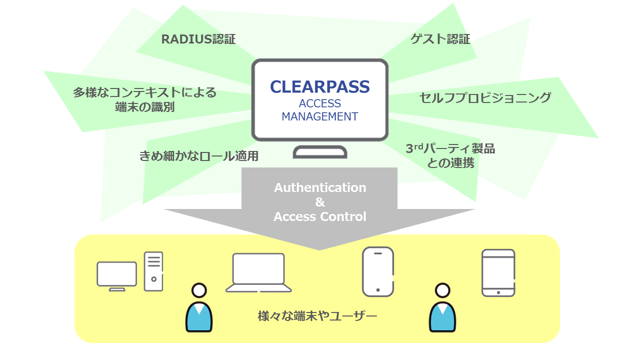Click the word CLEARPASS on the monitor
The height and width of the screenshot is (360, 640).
[320, 86]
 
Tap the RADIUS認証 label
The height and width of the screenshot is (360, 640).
[198, 39]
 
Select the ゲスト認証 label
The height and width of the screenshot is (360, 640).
[440, 39]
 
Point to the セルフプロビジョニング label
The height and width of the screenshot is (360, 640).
[485, 97]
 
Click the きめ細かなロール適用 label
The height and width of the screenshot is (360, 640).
[198, 156]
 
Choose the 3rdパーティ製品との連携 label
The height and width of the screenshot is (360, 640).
[450, 155]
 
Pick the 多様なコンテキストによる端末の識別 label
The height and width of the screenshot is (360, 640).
[144, 99]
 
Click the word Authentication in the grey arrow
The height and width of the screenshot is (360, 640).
[320, 188]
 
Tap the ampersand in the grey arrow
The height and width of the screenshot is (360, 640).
[320, 202]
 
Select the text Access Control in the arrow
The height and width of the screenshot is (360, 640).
[320, 217]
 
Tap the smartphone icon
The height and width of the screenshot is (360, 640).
[377, 271]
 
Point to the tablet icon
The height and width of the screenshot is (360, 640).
[498, 273]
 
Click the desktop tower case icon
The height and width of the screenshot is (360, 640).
[153, 271]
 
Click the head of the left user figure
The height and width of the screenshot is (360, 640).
[199, 290]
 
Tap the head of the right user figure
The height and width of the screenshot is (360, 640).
[442, 290]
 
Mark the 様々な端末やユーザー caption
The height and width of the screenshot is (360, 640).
[317, 316]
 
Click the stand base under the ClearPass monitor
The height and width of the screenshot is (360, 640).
[320, 152]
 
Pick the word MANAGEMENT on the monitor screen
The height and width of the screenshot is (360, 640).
[320, 116]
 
